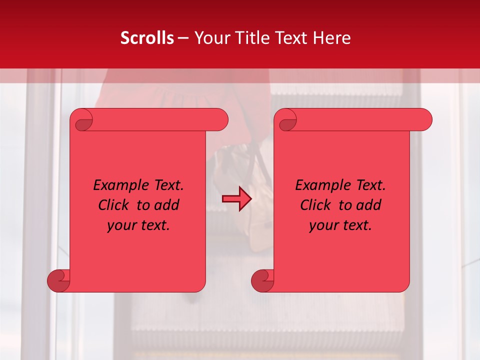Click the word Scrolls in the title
pyautogui.click(x=147, y=38)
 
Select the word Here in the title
pyautogui.click(x=332, y=38)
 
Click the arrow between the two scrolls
pyautogui.click(x=236, y=199)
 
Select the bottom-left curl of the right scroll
pyautogui.click(x=262, y=280)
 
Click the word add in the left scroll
pyautogui.click(x=167, y=205)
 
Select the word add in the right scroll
pyautogui.click(x=369, y=205)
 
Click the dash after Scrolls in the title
pyautogui.click(x=183, y=38)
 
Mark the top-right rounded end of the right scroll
pyautogui.click(x=423, y=119)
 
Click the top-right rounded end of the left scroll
pyautogui.click(x=219, y=119)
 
